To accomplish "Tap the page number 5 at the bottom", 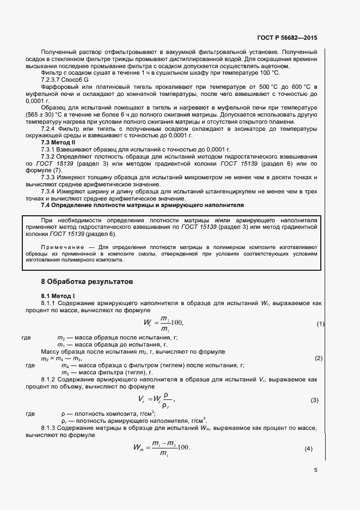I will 315,470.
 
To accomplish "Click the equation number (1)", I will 321,324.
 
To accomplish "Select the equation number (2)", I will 319,358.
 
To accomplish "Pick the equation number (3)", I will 314,400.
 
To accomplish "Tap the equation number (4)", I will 309,448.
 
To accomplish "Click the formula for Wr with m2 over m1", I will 163,324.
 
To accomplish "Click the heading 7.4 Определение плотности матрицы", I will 143,205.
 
